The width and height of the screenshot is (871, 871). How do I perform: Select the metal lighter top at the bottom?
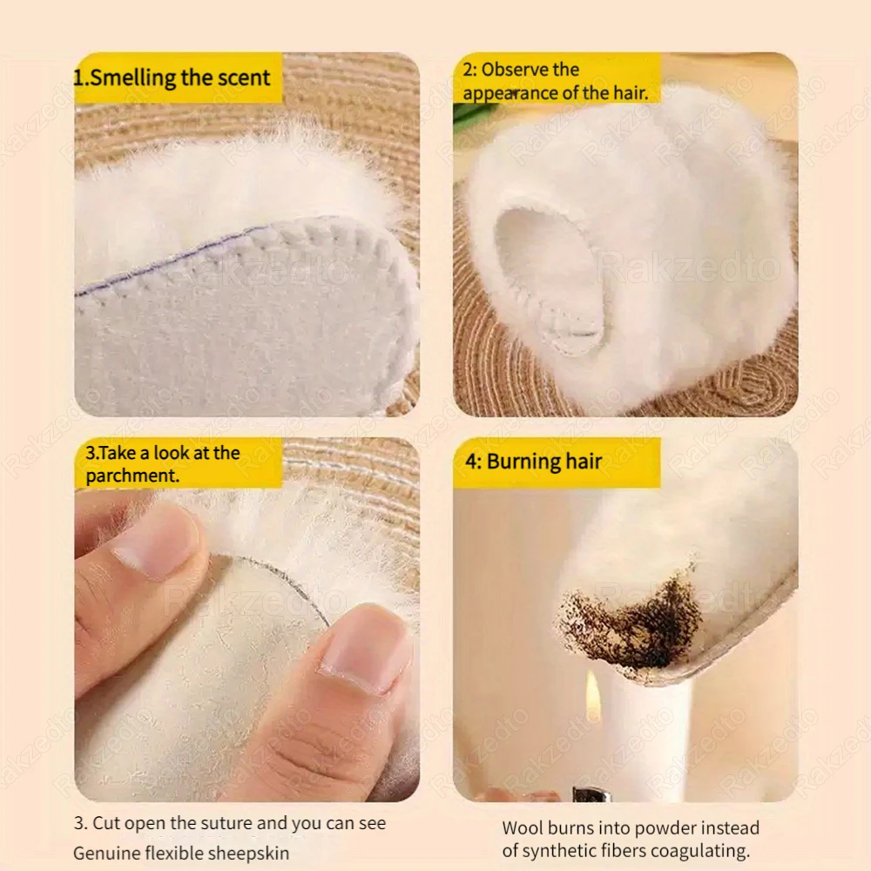(591, 793)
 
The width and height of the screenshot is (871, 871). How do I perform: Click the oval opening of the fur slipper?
(544, 270)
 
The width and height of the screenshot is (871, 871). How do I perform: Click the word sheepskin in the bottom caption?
(258, 852)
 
